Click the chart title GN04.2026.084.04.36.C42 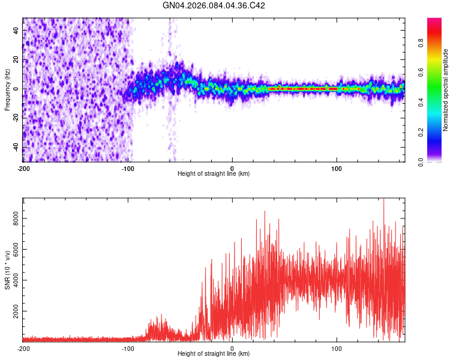[x=214, y=5]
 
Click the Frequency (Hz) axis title [x=7, y=90]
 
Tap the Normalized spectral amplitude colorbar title [x=446, y=90]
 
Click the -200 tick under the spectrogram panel [x=23, y=168]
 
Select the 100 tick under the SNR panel [x=337, y=348]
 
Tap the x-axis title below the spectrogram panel [x=214, y=174]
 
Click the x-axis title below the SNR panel [x=214, y=354]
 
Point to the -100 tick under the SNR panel [x=127, y=348]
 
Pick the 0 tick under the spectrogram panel [x=232, y=168]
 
